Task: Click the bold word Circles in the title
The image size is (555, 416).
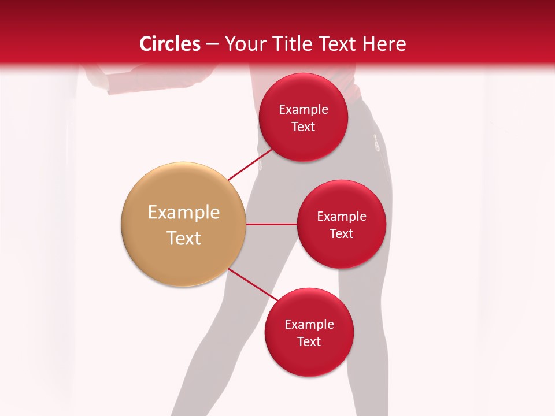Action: click(x=170, y=44)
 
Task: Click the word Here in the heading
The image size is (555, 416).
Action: click(x=385, y=44)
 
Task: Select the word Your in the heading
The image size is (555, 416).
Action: click(x=245, y=44)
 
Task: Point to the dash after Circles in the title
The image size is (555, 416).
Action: click(x=212, y=44)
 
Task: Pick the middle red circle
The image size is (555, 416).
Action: click(x=341, y=254)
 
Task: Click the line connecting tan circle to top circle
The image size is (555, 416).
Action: click(x=250, y=165)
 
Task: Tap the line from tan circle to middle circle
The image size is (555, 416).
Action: click(x=271, y=224)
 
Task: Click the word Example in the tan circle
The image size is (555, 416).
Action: click(x=184, y=213)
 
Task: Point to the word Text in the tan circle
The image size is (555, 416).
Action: click(x=184, y=238)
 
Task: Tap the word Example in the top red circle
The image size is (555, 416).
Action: click(x=304, y=110)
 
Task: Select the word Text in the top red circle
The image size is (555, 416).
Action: click(x=304, y=127)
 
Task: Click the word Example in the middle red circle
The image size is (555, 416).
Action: click(x=342, y=217)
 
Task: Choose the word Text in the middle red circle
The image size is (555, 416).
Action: click(x=342, y=234)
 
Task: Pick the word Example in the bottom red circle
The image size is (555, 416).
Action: click(x=309, y=325)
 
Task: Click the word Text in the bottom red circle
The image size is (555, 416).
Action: click(x=309, y=342)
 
